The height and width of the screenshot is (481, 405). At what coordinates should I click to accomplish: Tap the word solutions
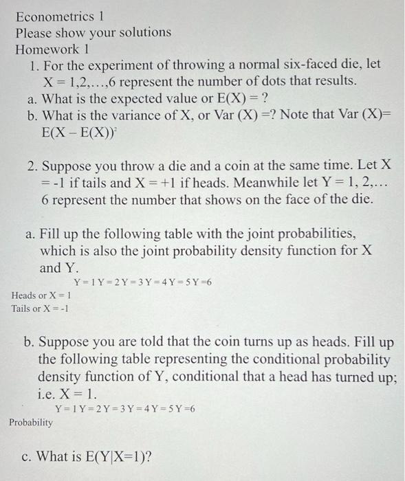140,32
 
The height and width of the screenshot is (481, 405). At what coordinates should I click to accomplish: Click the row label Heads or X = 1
42,295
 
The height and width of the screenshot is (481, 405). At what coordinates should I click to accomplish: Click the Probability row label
30,423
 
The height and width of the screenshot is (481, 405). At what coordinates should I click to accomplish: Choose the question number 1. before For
33,66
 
